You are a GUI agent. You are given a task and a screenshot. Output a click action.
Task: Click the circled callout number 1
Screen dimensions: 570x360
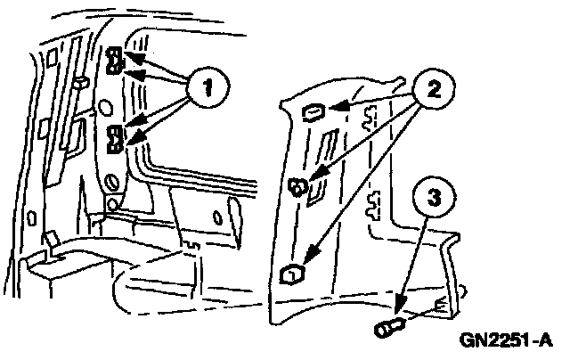point(208,87)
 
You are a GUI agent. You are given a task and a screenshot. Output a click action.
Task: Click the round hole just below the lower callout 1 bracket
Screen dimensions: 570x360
point(112,182)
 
